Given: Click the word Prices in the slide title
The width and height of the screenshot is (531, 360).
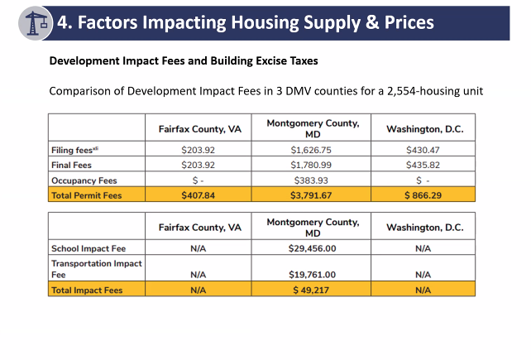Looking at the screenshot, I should click(402, 22).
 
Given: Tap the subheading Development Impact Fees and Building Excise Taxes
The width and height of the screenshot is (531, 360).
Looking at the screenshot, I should click(183, 61).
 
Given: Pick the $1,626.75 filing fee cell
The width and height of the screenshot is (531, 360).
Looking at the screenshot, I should click(313, 151).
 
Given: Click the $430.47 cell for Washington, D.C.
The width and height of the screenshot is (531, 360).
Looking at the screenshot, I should click(423, 151).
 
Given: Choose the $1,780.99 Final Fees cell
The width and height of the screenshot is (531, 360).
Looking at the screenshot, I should click(313, 165).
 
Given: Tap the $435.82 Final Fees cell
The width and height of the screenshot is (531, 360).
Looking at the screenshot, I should click(423, 165).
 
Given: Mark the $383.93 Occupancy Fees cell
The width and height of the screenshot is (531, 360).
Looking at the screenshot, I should click(313, 180).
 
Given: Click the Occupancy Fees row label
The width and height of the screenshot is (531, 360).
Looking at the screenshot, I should click(84, 180).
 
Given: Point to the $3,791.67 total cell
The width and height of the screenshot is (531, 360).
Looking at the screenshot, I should click(313, 194).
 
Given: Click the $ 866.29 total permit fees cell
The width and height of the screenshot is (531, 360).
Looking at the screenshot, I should click(423, 194).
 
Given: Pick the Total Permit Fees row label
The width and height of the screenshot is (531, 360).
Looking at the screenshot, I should click(88, 194).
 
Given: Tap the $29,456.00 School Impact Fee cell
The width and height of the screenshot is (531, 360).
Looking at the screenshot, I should click(313, 247).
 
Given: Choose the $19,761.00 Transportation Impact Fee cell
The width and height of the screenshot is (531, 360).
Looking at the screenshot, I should click(313, 274).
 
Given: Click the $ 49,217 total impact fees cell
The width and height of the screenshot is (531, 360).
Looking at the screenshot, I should click(313, 290).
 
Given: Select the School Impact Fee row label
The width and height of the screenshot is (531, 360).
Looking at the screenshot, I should click(88, 247).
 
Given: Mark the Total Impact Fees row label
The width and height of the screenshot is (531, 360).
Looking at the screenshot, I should click(87, 290).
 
